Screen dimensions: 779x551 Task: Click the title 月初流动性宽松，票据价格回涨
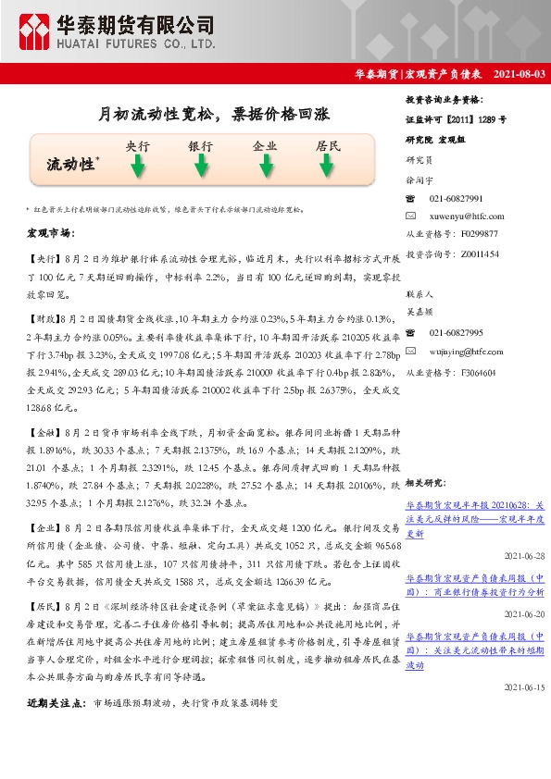click(214, 115)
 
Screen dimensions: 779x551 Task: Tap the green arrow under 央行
click(138, 167)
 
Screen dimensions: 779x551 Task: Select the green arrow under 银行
click(201, 167)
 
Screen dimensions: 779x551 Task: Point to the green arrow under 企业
click(265, 167)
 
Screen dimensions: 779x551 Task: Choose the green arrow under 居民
click(328, 167)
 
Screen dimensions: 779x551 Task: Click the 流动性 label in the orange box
click(71, 165)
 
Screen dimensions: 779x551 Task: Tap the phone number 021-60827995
click(457, 332)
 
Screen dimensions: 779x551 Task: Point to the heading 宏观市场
click(51, 232)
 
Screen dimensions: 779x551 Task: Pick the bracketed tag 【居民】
click(44, 605)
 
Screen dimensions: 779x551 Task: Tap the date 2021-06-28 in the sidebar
click(523, 556)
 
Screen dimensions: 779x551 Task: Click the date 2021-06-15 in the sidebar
click(523, 687)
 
